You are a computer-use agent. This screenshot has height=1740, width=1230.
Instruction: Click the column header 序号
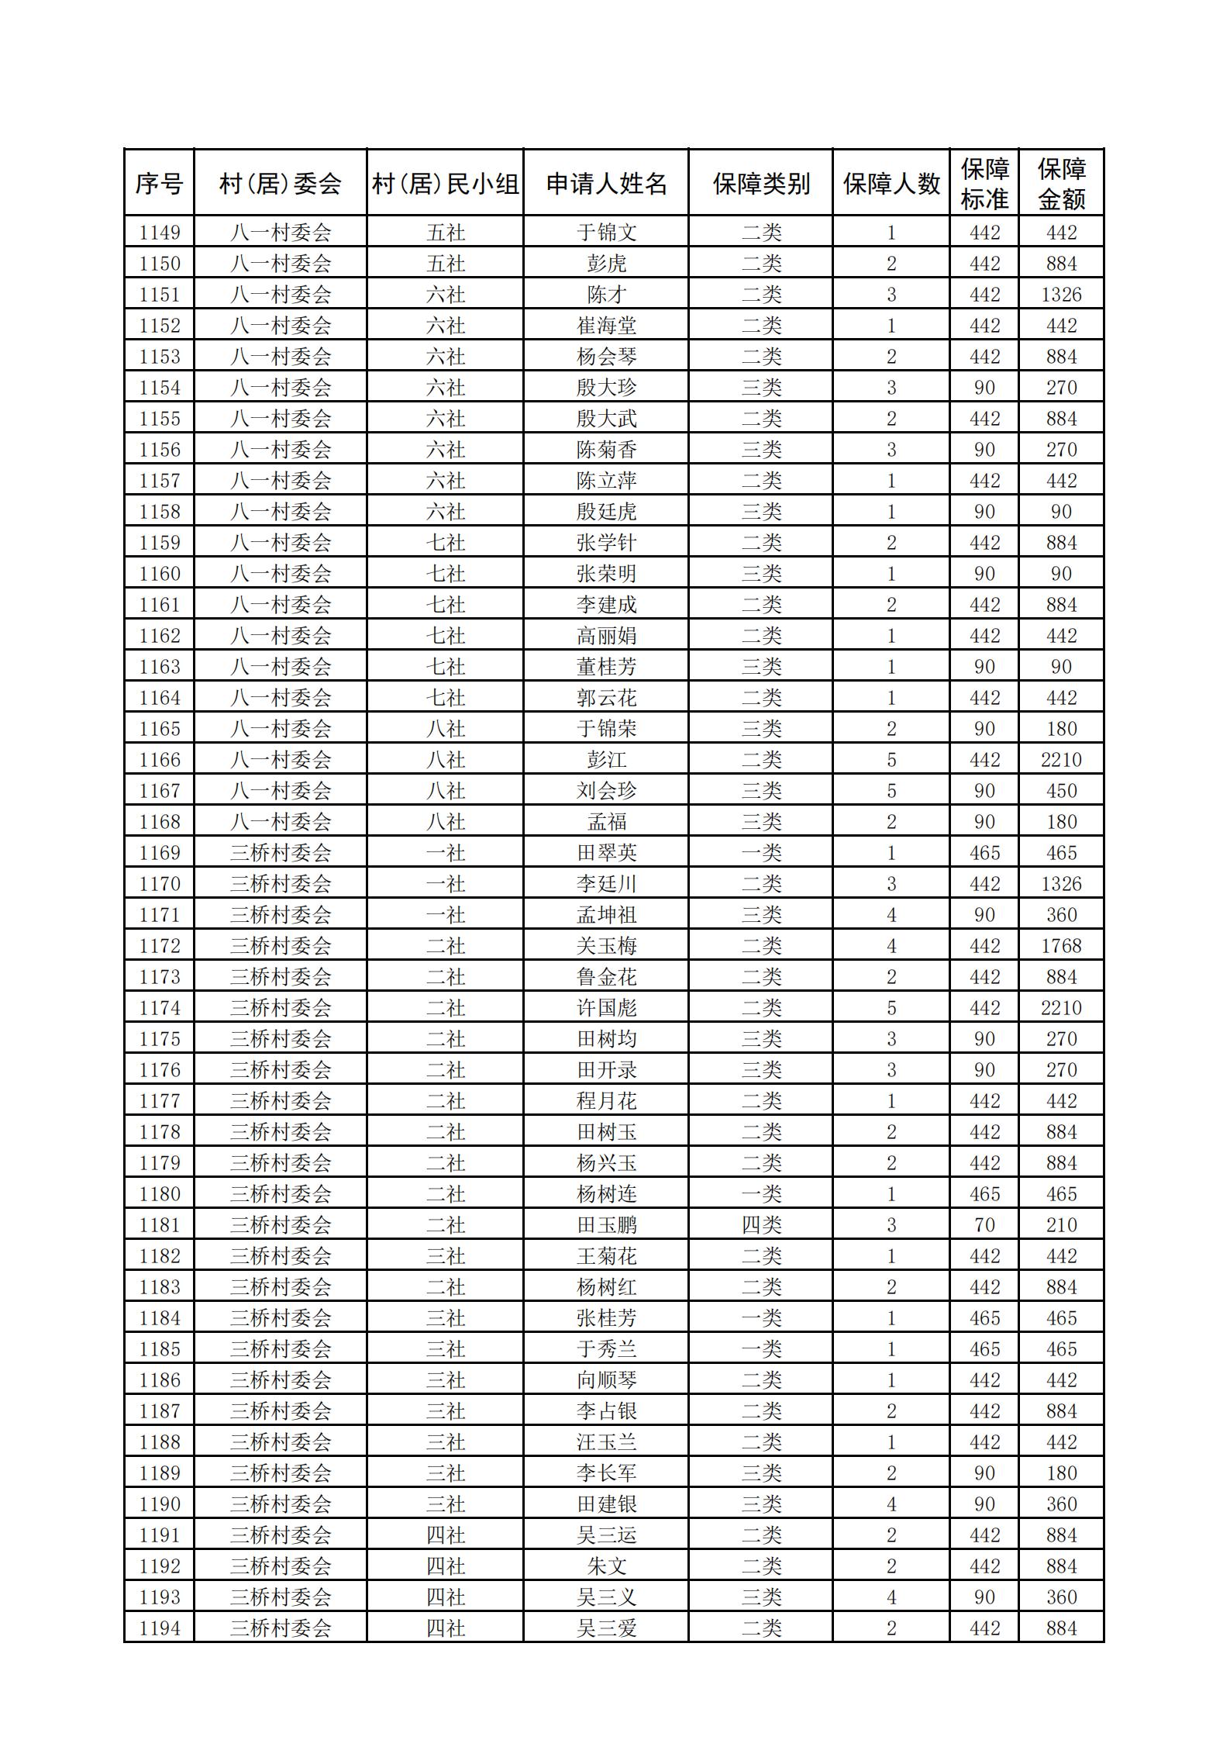159,184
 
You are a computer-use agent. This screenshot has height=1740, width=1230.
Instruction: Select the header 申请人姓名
606,184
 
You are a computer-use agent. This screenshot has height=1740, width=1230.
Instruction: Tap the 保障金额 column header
1061,184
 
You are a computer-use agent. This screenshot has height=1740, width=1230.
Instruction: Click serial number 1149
159,233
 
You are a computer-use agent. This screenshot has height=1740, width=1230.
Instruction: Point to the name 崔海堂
606,326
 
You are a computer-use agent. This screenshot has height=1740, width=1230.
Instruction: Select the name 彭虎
606,264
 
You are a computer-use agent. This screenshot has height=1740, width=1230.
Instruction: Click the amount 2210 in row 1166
1061,760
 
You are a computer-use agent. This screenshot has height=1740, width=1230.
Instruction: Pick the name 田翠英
606,853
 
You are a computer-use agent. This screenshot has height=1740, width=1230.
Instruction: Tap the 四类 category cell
761,1225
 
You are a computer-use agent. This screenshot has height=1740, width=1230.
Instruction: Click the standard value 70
984,1225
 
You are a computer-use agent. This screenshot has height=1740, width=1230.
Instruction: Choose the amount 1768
1061,946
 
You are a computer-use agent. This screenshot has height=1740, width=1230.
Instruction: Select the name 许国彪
606,1008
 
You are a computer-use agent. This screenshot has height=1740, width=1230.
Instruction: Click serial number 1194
159,1628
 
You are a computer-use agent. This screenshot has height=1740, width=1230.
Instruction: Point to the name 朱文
606,1566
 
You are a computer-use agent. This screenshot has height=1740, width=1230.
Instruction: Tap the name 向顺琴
606,1380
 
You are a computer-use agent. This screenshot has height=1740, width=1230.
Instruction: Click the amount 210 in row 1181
1061,1225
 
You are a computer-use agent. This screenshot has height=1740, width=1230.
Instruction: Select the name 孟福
606,822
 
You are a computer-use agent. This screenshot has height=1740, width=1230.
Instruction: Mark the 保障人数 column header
891,184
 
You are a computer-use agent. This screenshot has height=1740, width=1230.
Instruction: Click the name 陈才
606,295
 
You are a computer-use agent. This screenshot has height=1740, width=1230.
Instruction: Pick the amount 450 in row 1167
1061,791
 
